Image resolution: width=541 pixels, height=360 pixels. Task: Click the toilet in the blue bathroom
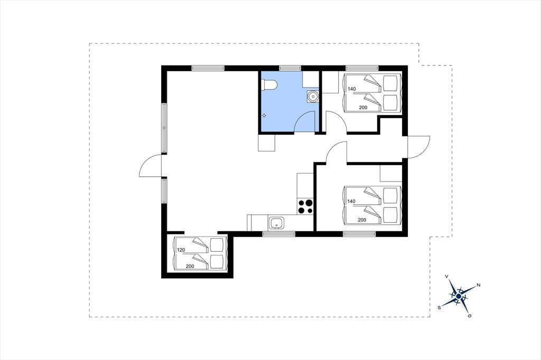(x=269, y=85)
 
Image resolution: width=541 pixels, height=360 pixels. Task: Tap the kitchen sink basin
(x=276, y=223)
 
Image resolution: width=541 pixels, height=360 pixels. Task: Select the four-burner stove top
(x=305, y=206)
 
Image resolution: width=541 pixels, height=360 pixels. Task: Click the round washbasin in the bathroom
(x=313, y=97)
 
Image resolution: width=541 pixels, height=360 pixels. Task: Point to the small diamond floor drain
(x=264, y=116)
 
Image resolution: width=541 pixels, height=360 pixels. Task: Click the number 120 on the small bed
(x=181, y=250)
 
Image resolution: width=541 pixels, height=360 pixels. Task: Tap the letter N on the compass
(x=479, y=285)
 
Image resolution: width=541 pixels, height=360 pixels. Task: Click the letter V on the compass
(x=447, y=277)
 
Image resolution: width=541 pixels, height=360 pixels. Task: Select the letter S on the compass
(x=439, y=308)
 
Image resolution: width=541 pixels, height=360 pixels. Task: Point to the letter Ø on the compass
(x=470, y=316)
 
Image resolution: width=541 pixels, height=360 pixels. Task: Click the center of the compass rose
(x=459, y=296)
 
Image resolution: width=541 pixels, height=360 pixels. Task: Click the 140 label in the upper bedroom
(x=351, y=89)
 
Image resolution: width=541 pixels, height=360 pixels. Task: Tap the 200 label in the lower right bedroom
(x=362, y=220)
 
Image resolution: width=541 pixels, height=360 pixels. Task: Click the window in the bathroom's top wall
(x=290, y=68)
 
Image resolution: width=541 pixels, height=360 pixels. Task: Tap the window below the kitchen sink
(x=279, y=234)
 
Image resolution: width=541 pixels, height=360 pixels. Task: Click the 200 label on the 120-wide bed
(x=190, y=266)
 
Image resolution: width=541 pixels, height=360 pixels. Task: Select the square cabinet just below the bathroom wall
(x=267, y=143)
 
